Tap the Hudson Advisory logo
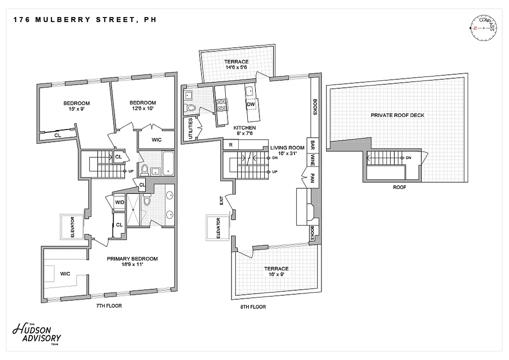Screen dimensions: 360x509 [x=37, y=333]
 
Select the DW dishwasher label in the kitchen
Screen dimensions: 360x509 [x=251, y=104]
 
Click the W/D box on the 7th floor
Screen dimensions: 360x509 [x=120, y=202]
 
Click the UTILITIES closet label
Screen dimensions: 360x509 [x=191, y=130]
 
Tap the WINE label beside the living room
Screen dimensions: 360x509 [x=313, y=160]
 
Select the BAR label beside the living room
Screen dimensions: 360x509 [x=313, y=145]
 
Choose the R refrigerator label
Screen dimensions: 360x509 [x=231, y=145]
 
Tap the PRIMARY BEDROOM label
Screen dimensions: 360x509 [x=132, y=259]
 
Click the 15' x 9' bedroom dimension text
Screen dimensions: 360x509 [x=76, y=109]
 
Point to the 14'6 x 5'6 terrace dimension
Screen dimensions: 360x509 [x=237, y=68]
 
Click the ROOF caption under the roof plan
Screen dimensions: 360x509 [x=399, y=187]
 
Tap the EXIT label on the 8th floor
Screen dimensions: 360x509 [x=221, y=200]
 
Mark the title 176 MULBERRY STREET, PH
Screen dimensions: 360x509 [x=85, y=20]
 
